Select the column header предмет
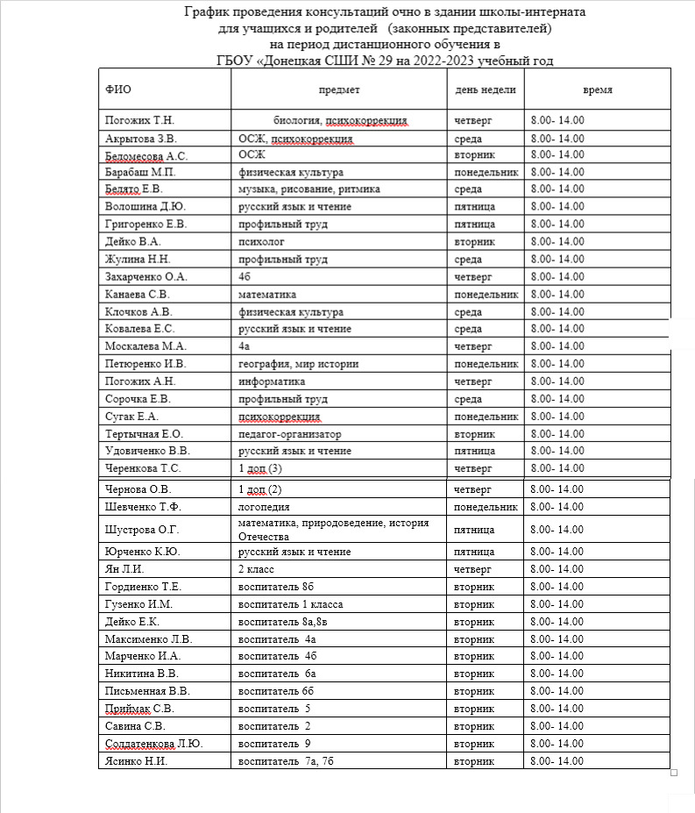339,90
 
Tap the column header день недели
486,90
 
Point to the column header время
598,90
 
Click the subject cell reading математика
267,294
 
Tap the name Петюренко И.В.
145,364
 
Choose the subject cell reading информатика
272,382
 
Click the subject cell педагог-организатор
290,434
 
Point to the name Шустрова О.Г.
141,530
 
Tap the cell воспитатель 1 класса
291,604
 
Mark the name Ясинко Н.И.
135,761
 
